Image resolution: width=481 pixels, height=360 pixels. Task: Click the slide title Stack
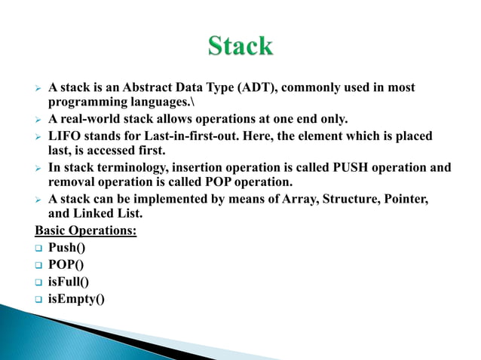pos(240,46)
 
